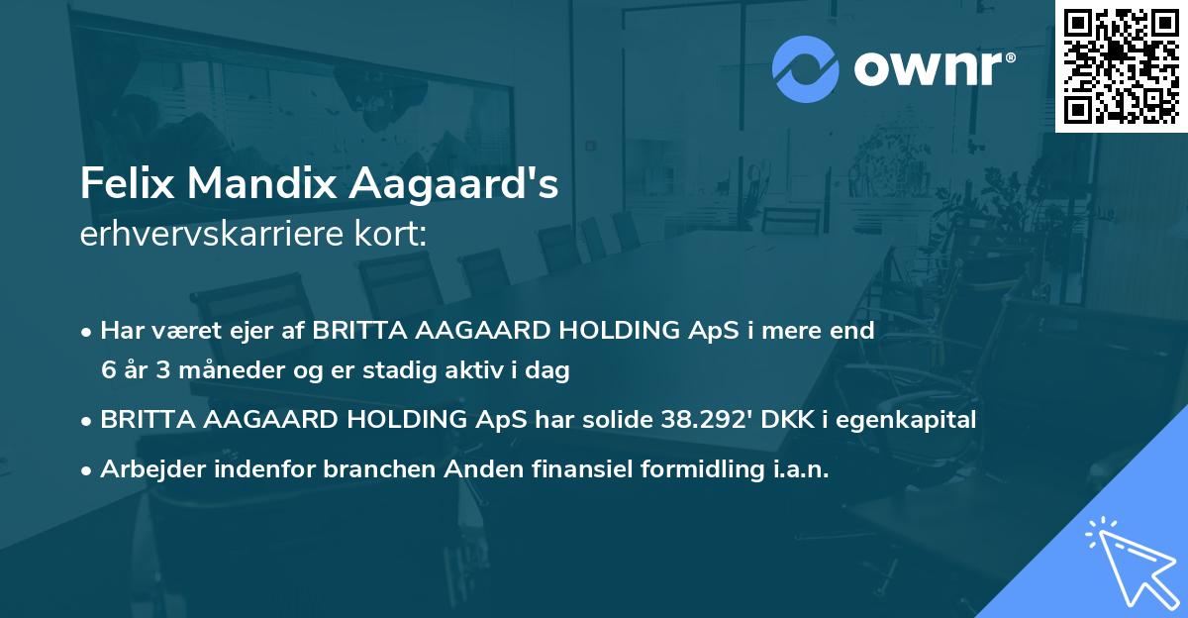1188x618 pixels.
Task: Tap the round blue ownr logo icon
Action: pyautogui.click(x=805, y=69)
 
